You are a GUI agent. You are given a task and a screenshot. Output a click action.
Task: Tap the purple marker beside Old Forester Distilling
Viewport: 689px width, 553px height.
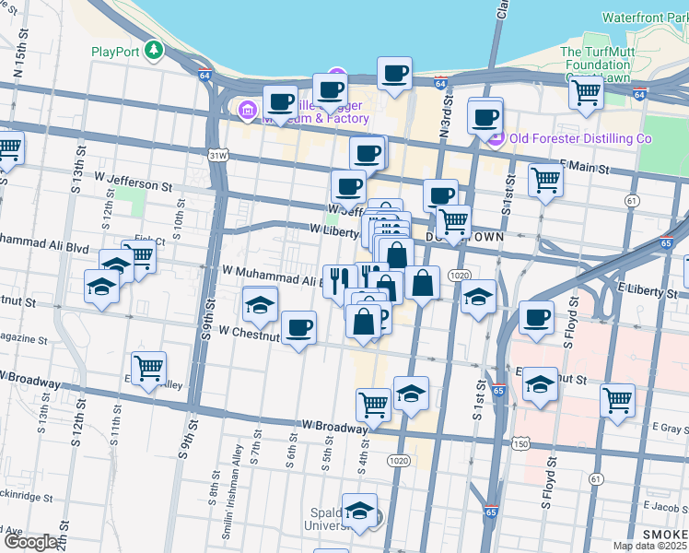point(496,139)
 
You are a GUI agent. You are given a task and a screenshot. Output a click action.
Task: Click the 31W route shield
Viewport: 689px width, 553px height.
point(217,156)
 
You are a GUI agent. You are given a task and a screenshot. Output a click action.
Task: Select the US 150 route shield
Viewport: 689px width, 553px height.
point(521,444)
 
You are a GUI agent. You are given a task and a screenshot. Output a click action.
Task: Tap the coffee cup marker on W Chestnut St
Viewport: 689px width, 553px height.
point(298,327)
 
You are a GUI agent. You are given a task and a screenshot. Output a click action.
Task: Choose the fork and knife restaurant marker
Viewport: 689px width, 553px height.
point(339,279)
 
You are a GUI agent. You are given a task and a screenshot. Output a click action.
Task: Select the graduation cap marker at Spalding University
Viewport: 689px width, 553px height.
point(358,510)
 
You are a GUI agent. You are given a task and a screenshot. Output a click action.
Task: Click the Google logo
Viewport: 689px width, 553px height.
point(29,542)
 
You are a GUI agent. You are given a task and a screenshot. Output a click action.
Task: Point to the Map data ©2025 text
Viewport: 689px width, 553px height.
point(649,546)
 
